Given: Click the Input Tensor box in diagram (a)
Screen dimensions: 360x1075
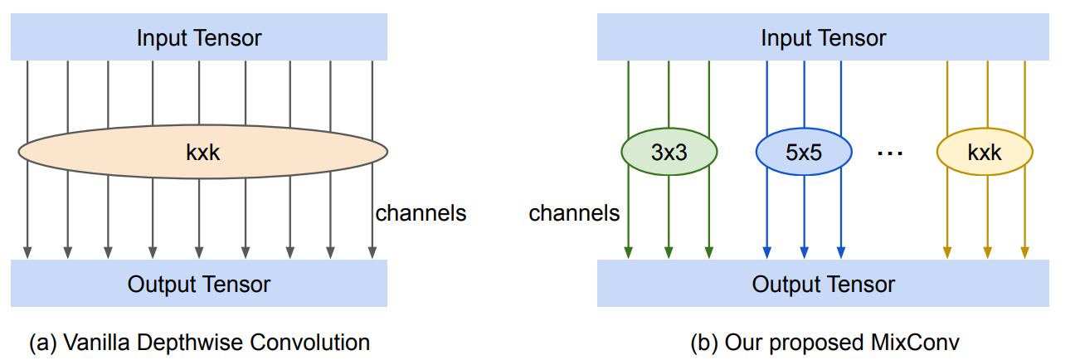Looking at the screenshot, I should coord(199,38).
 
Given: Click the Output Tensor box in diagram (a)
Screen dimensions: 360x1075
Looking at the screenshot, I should coord(199,285).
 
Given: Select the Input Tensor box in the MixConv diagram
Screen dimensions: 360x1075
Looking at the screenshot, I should coord(823,38).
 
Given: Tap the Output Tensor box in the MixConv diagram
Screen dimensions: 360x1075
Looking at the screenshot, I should coord(823,285).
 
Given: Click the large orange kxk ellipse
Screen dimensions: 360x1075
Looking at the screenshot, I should coord(202,151).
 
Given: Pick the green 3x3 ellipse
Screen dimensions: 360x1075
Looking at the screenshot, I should coord(669,153).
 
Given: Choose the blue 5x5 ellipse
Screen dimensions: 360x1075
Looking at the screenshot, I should coord(803,153).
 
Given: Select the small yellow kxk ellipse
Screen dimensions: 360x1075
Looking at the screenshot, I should coord(985,153).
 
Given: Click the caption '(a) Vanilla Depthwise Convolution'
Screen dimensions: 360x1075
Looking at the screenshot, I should coord(199,342).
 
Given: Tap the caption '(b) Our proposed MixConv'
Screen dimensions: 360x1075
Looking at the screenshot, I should coord(824,342).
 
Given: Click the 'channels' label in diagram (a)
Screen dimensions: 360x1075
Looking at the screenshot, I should coord(421,213).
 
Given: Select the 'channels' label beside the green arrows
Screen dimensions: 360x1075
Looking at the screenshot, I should coord(574,213).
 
